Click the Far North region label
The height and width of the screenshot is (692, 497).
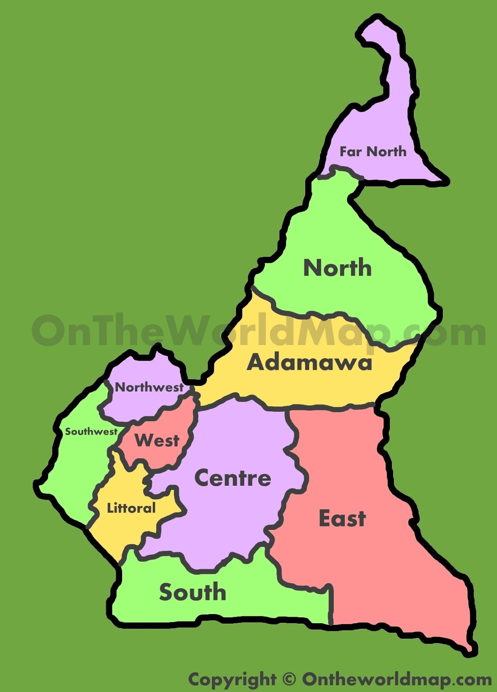click(x=373, y=151)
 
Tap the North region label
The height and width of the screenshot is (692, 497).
click(x=337, y=268)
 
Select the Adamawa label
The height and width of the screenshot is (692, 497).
click(x=309, y=362)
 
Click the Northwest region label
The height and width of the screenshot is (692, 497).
click(x=149, y=387)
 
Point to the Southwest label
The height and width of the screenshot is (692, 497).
click(x=91, y=431)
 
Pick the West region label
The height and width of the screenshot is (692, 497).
click(x=157, y=441)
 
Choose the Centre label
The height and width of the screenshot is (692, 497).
click(x=232, y=478)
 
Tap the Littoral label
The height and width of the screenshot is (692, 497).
click(x=131, y=508)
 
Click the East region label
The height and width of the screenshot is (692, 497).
click(x=342, y=518)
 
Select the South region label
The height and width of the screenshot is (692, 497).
click(x=193, y=592)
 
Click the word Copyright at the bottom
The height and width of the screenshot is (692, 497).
click(x=232, y=679)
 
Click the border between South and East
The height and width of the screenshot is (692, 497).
click(x=332, y=605)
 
